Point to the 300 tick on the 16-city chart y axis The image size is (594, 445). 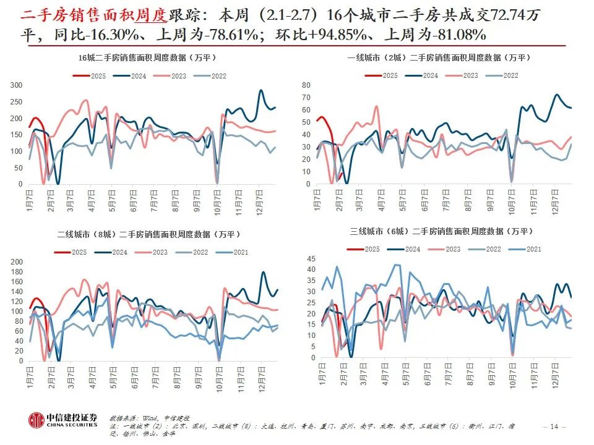point(17,85)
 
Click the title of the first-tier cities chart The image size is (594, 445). point(439,57)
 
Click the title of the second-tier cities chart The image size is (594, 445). point(148,234)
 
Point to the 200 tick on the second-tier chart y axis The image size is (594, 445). point(17,262)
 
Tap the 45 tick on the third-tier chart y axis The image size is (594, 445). point(311,259)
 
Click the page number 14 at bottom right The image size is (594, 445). point(554,426)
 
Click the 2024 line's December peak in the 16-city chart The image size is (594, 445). point(261,91)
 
